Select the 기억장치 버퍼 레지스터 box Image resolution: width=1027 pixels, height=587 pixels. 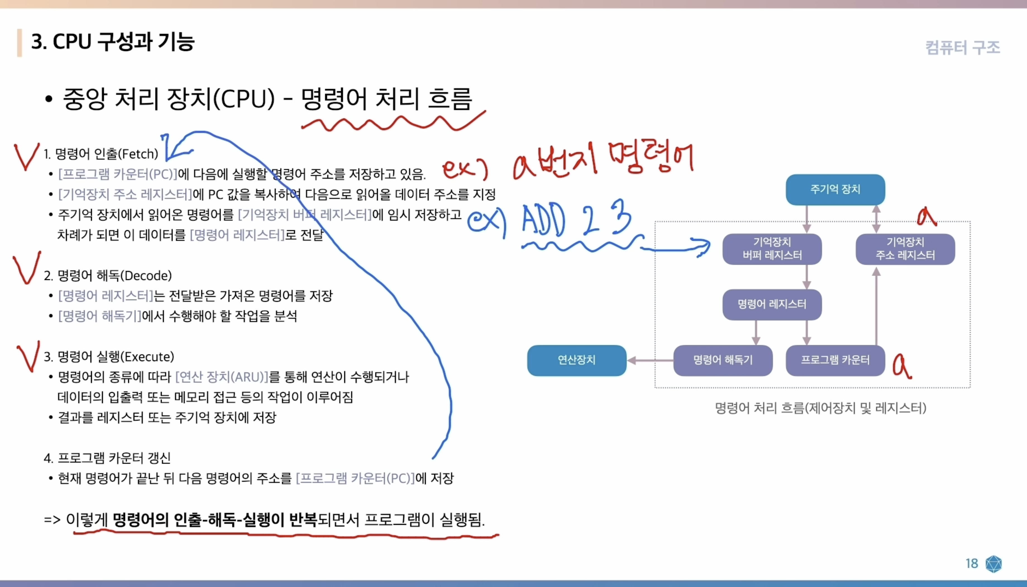coord(772,249)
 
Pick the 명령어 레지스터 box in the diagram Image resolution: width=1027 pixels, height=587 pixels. coord(772,304)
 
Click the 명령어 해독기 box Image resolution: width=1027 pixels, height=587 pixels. coord(723,360)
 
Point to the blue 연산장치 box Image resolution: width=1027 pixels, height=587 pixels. coord(576,360)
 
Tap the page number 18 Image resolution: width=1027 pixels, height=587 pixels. coord(972,563)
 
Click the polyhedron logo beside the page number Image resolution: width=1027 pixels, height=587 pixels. coord(993,564)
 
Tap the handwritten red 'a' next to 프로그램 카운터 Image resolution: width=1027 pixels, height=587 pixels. coord(902,366)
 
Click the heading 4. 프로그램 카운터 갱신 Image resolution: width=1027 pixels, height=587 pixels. coord(107,458)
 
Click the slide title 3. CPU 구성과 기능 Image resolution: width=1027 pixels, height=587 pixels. coord(113,42)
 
